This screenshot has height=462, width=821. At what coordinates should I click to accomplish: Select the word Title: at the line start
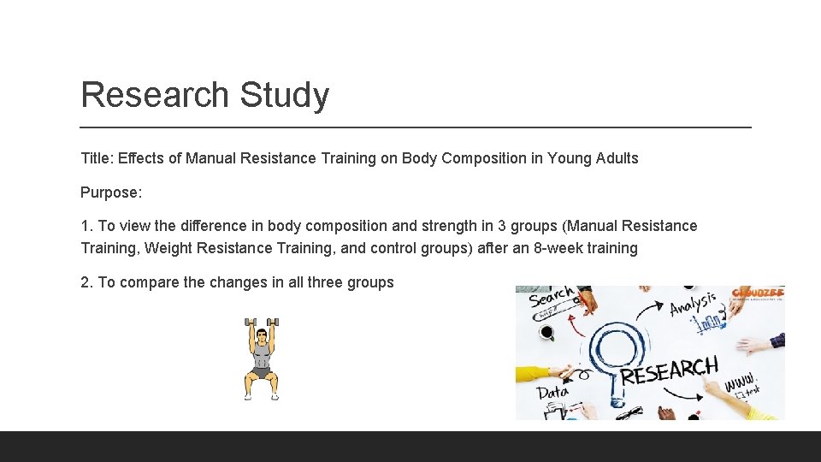[97, 158]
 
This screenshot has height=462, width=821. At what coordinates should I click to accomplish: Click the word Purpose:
[111, 192]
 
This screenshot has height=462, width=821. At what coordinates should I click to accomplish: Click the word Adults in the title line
[617, 158]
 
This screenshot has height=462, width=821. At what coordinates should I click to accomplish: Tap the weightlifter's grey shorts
[261, 372]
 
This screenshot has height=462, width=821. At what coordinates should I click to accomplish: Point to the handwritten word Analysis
[694, 303]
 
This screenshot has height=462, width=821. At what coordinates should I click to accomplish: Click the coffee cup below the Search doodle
[546, 332]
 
